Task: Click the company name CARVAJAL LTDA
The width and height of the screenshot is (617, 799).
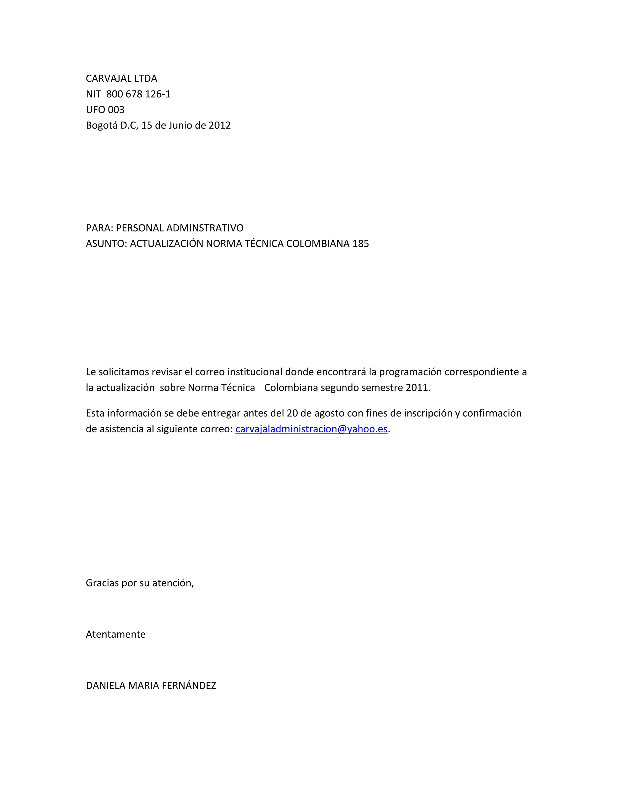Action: pyautogui.click(x=121, y=79)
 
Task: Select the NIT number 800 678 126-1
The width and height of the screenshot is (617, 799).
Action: pyautogui.click(x=138, y=94)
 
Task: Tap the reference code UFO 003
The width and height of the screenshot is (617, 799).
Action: pyautogui.click(x=105, y=110)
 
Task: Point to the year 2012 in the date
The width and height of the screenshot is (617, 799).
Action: pyautogui.click(x=220, y=125)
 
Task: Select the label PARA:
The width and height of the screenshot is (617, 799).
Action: pyautogui.click(x=99, y=228)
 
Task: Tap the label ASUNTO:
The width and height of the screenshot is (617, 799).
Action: pyautogui.click(x=106, y=244)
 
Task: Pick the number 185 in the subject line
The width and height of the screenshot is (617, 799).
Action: pyautogui.click(x=360, y=244)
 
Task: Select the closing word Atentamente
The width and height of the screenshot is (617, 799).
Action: pyautogui.click(x=115, y=634)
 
